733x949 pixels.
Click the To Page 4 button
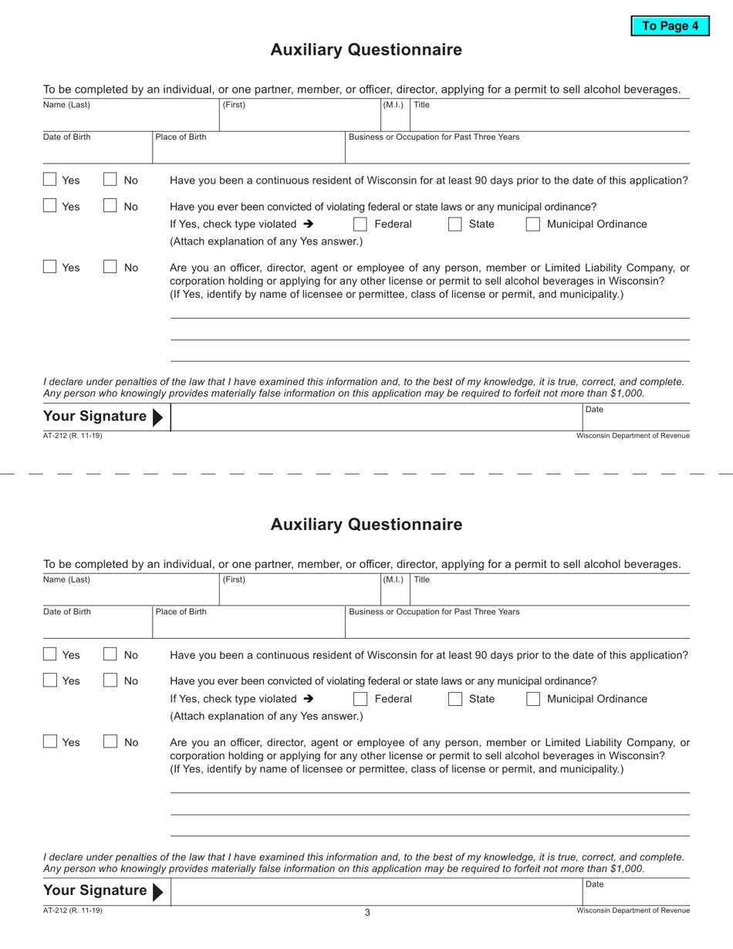point(670,25)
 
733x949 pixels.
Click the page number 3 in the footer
point(367,913)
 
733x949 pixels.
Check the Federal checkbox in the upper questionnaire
point(360,225)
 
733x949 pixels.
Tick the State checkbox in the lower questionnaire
point(455,699)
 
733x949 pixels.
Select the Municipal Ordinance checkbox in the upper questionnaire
point(532,225)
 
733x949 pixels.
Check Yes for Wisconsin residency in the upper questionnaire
point(49,180)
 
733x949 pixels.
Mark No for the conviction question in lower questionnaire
point(110,681)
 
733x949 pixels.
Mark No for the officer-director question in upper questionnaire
point(110,268)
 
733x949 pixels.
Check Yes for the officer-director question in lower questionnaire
point(49,742)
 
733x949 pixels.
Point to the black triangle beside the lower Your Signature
point(157,891)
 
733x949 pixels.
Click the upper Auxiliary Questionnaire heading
point(366,50)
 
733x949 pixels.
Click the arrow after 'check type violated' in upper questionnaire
point(309,225)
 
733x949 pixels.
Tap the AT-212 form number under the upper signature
point(73,436)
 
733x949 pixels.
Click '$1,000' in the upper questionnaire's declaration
point(627,393)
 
